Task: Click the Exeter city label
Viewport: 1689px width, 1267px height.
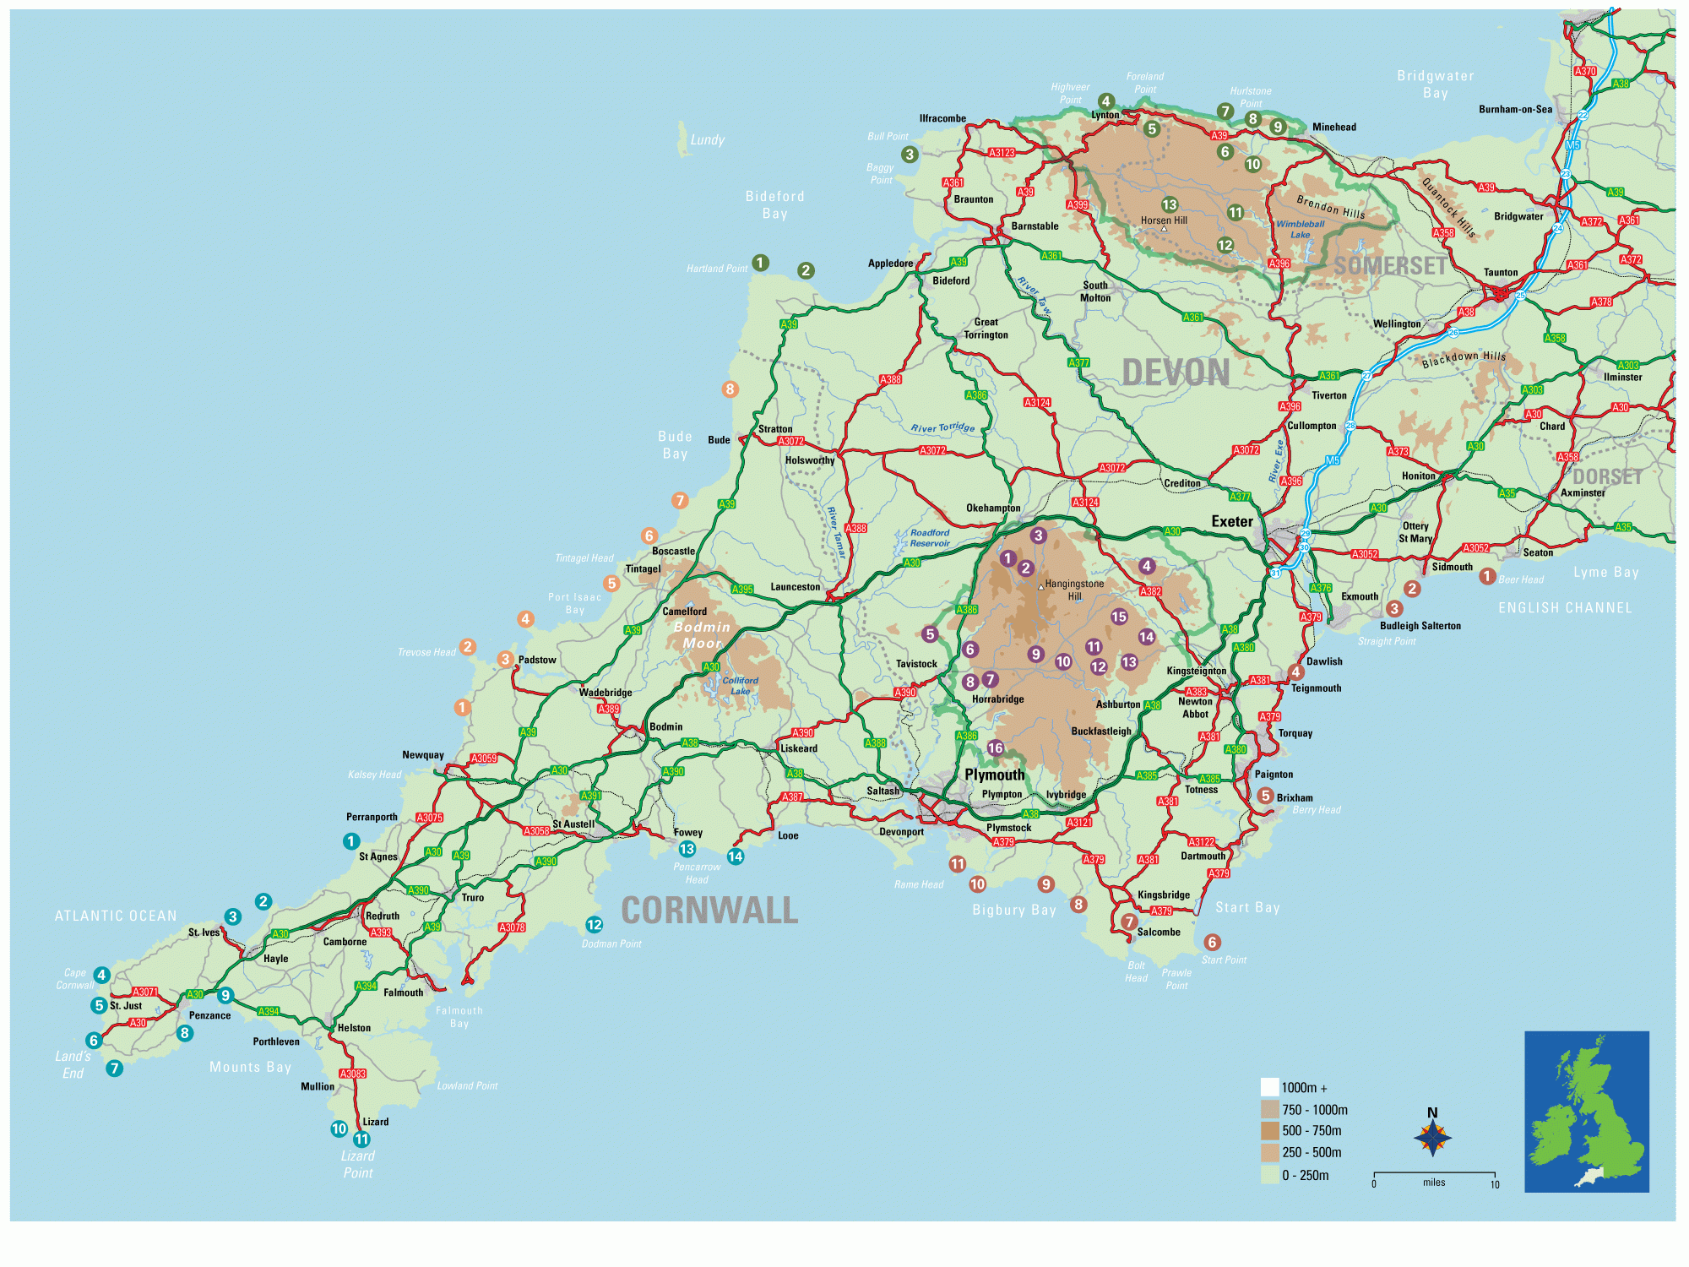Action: click(x=1232, y=522)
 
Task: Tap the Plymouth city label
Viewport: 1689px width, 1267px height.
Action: click(x=994, y=775)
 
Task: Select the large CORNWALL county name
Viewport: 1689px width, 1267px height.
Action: click(x=709, y=911)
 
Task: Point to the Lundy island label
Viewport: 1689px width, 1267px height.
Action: click(x=707, y=140)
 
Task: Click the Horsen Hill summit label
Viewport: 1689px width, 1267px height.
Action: click(x=1164, y=220)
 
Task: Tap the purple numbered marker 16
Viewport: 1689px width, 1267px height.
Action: click(x=996, y=748)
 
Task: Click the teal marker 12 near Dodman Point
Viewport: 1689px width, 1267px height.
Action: click(x=595, y=925)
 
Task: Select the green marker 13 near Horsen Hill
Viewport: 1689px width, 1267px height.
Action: click(x=1170, y=204)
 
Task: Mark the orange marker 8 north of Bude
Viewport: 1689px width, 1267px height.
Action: click(x=730, y=389)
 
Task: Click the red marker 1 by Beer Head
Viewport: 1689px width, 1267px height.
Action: click(x=1487, y=576)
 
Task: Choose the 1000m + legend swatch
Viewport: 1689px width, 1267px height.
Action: click(x=1269, y=1087)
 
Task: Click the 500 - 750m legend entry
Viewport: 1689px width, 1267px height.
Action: click(x=1311, y=1131)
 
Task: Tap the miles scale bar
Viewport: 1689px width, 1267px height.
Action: click(x=1434, y=1175)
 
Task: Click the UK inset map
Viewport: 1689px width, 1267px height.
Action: click(x=1586, y=1111)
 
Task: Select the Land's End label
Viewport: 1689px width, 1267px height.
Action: click(x=73, y=1064)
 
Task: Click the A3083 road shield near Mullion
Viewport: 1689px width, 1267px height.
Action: click(x=352, y=1074)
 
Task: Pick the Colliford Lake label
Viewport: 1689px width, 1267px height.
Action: click(x=740, y=685)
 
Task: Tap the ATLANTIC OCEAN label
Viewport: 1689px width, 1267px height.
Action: click(x=116, y=916)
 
